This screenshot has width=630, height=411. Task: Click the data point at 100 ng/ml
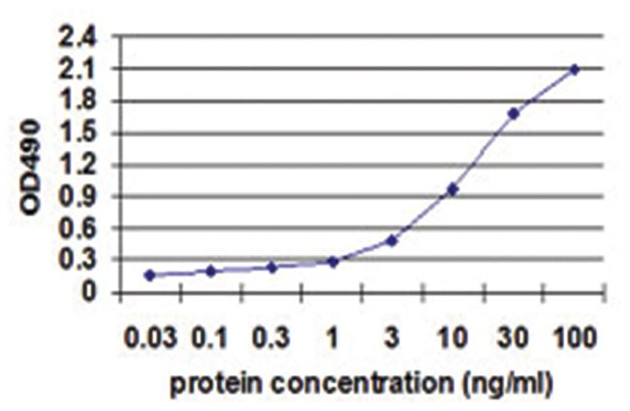[x=575, y=70]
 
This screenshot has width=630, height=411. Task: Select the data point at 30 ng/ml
[x=514, y=113]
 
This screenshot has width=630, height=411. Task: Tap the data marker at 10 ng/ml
[x=453, y=189]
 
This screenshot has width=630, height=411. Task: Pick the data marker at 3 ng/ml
[x=392, y=239]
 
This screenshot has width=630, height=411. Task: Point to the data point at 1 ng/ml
[x=332, y=261]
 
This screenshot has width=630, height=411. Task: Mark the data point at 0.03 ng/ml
[x=150, y=275]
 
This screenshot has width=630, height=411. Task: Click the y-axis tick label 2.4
[x=79, y=38]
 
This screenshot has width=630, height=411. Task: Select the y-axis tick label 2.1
[x=79, y=70]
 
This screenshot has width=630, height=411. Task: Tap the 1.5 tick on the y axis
[x=79, y=133]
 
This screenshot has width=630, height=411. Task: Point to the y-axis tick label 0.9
[x=79, y=196]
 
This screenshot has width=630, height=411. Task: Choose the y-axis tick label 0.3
[x=79, y=260]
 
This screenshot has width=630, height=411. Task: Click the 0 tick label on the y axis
[x=89, y=291]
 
